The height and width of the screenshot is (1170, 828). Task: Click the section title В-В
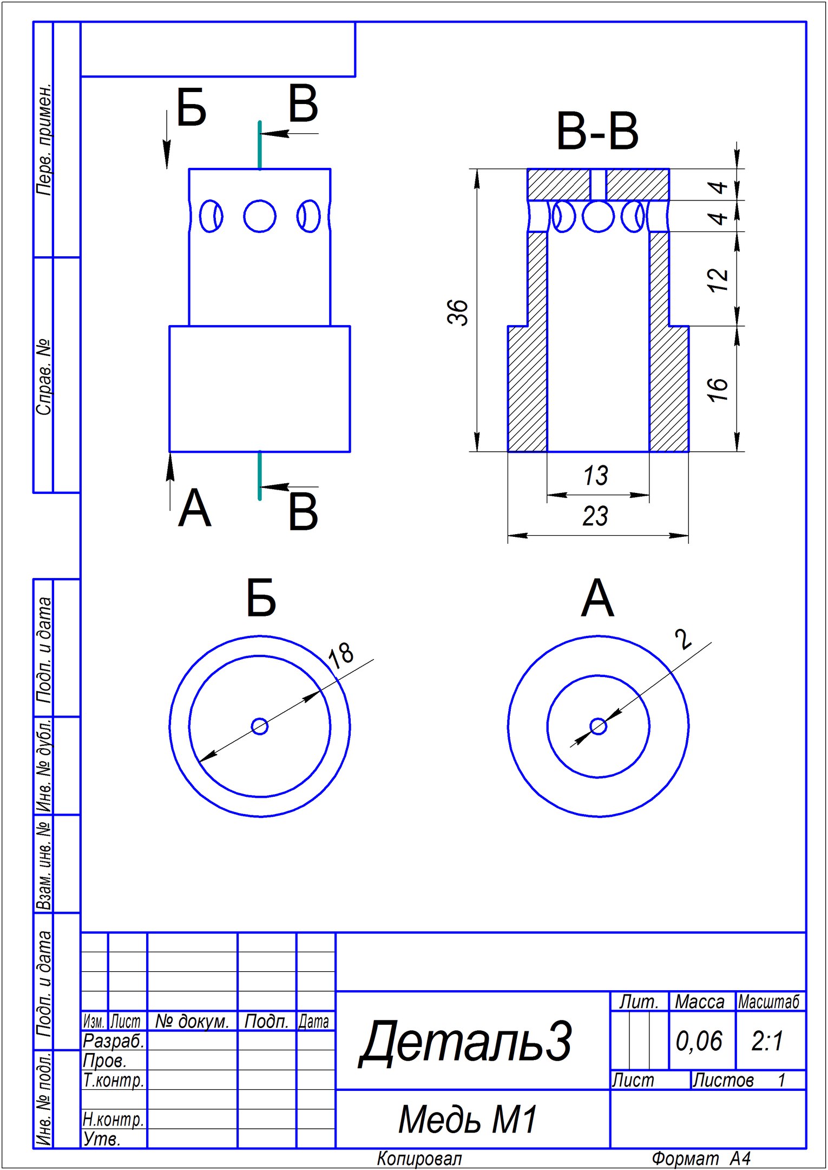coord(597,132)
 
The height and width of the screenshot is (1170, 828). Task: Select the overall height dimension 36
coord(458,312)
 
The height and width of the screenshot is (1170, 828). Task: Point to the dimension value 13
coord(595,476)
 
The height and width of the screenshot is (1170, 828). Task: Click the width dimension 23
coord(595,516)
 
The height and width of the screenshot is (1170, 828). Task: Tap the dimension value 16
coord(718,389)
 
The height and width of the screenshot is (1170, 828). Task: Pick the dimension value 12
coord(718,279)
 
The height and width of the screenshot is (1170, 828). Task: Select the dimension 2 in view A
coord(684,639)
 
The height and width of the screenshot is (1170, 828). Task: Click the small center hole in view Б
coord(260,726)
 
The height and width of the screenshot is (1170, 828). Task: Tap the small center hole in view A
coord(598,726)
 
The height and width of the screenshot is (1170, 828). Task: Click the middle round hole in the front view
coord(260,216)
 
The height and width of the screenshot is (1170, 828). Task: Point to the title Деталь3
coord(465,1041)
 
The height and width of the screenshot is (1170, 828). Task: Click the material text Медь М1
coord(468,1119)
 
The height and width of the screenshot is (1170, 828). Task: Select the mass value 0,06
coord(699,1041)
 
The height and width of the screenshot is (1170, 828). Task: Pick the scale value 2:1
coord(767,1041)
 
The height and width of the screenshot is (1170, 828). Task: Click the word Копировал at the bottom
coord(419,1159)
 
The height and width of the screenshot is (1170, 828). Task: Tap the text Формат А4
coord(701,1159)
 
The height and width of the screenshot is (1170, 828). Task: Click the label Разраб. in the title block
coord(114,1041)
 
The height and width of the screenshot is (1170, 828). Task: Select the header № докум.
coord(192,1021)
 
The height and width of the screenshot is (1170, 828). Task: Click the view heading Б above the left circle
coord(261,599)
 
